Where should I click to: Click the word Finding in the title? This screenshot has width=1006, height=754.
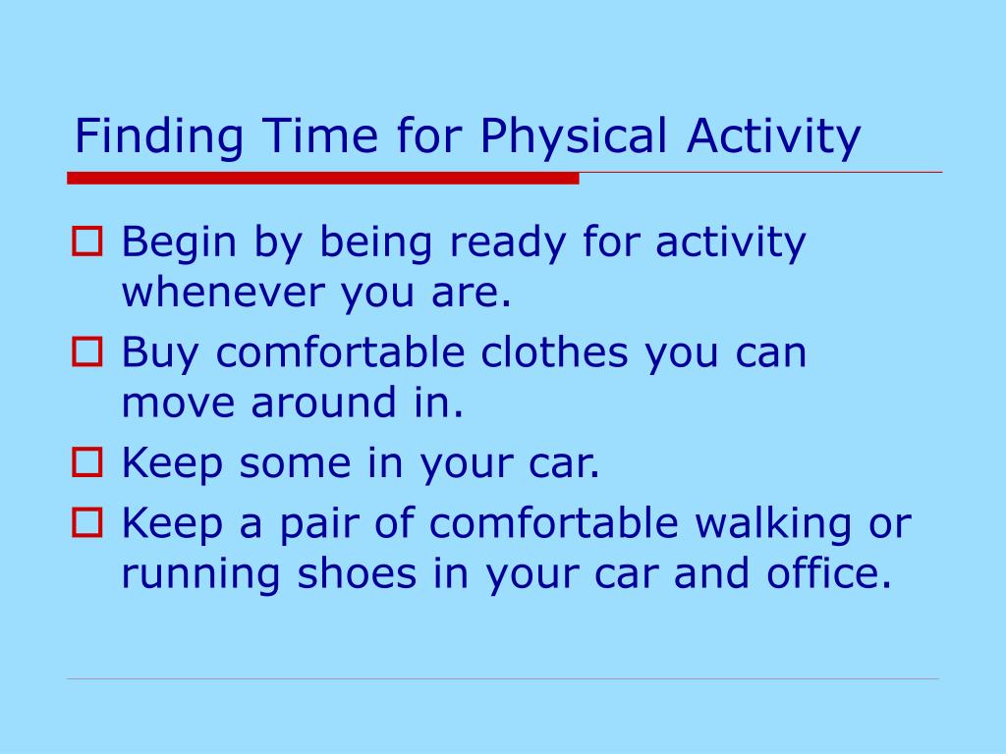[x=159, y=136]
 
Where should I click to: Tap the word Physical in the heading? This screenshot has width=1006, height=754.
[x=574, y=136]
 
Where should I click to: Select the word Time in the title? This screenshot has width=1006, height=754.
[x=320, y=135]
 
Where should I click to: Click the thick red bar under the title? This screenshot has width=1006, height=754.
[x=323, y=179]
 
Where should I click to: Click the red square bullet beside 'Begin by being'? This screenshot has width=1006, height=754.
[x=86, y=242]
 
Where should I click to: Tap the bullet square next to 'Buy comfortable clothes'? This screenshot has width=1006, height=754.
[x=86, y=352]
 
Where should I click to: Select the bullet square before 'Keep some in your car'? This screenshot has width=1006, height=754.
[x=86, y=462]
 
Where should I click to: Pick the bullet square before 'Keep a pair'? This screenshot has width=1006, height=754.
[x=86, y=522]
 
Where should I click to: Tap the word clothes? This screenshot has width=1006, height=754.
[x=554, y=352]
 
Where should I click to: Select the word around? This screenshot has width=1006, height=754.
[x=323, y=402]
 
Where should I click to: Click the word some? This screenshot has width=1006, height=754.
[x=295, y=463]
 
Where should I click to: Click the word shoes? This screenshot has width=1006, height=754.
[x=357, y=572]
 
